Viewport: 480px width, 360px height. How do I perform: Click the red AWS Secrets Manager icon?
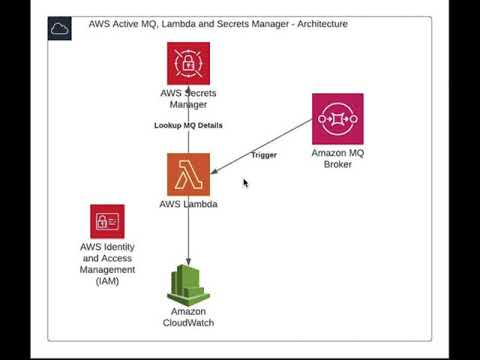(x=188, y=63)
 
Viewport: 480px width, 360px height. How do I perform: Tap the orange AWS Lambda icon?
(x=188, y=174)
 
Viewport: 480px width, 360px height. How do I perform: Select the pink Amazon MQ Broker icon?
(x=337, y=118)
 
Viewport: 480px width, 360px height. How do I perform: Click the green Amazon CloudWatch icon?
(x=188, y=286)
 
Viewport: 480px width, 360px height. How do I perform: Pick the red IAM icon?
(x=107, y=221)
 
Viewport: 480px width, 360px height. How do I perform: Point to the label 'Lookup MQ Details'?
(x=188, y=126)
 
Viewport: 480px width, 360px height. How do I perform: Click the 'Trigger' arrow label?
(x=264, y=155)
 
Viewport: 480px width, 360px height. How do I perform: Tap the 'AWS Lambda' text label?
(x=188, y=205)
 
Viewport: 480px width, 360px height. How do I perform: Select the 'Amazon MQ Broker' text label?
(x=337, y=158)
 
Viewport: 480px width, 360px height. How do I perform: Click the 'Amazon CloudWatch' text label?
(x=188, y=317)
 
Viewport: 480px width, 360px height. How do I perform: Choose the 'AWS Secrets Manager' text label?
(x=188, y=98)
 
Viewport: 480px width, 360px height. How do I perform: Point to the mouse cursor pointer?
(x=246, y=183)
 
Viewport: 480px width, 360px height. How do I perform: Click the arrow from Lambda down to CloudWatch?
(x=188, y=235)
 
